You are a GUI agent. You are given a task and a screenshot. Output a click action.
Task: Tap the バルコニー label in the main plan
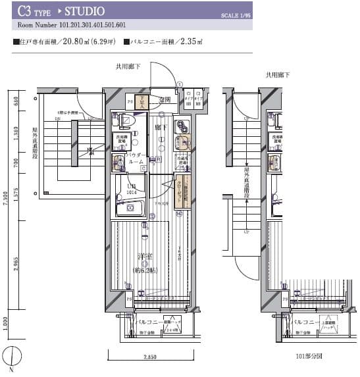[152, 322]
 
